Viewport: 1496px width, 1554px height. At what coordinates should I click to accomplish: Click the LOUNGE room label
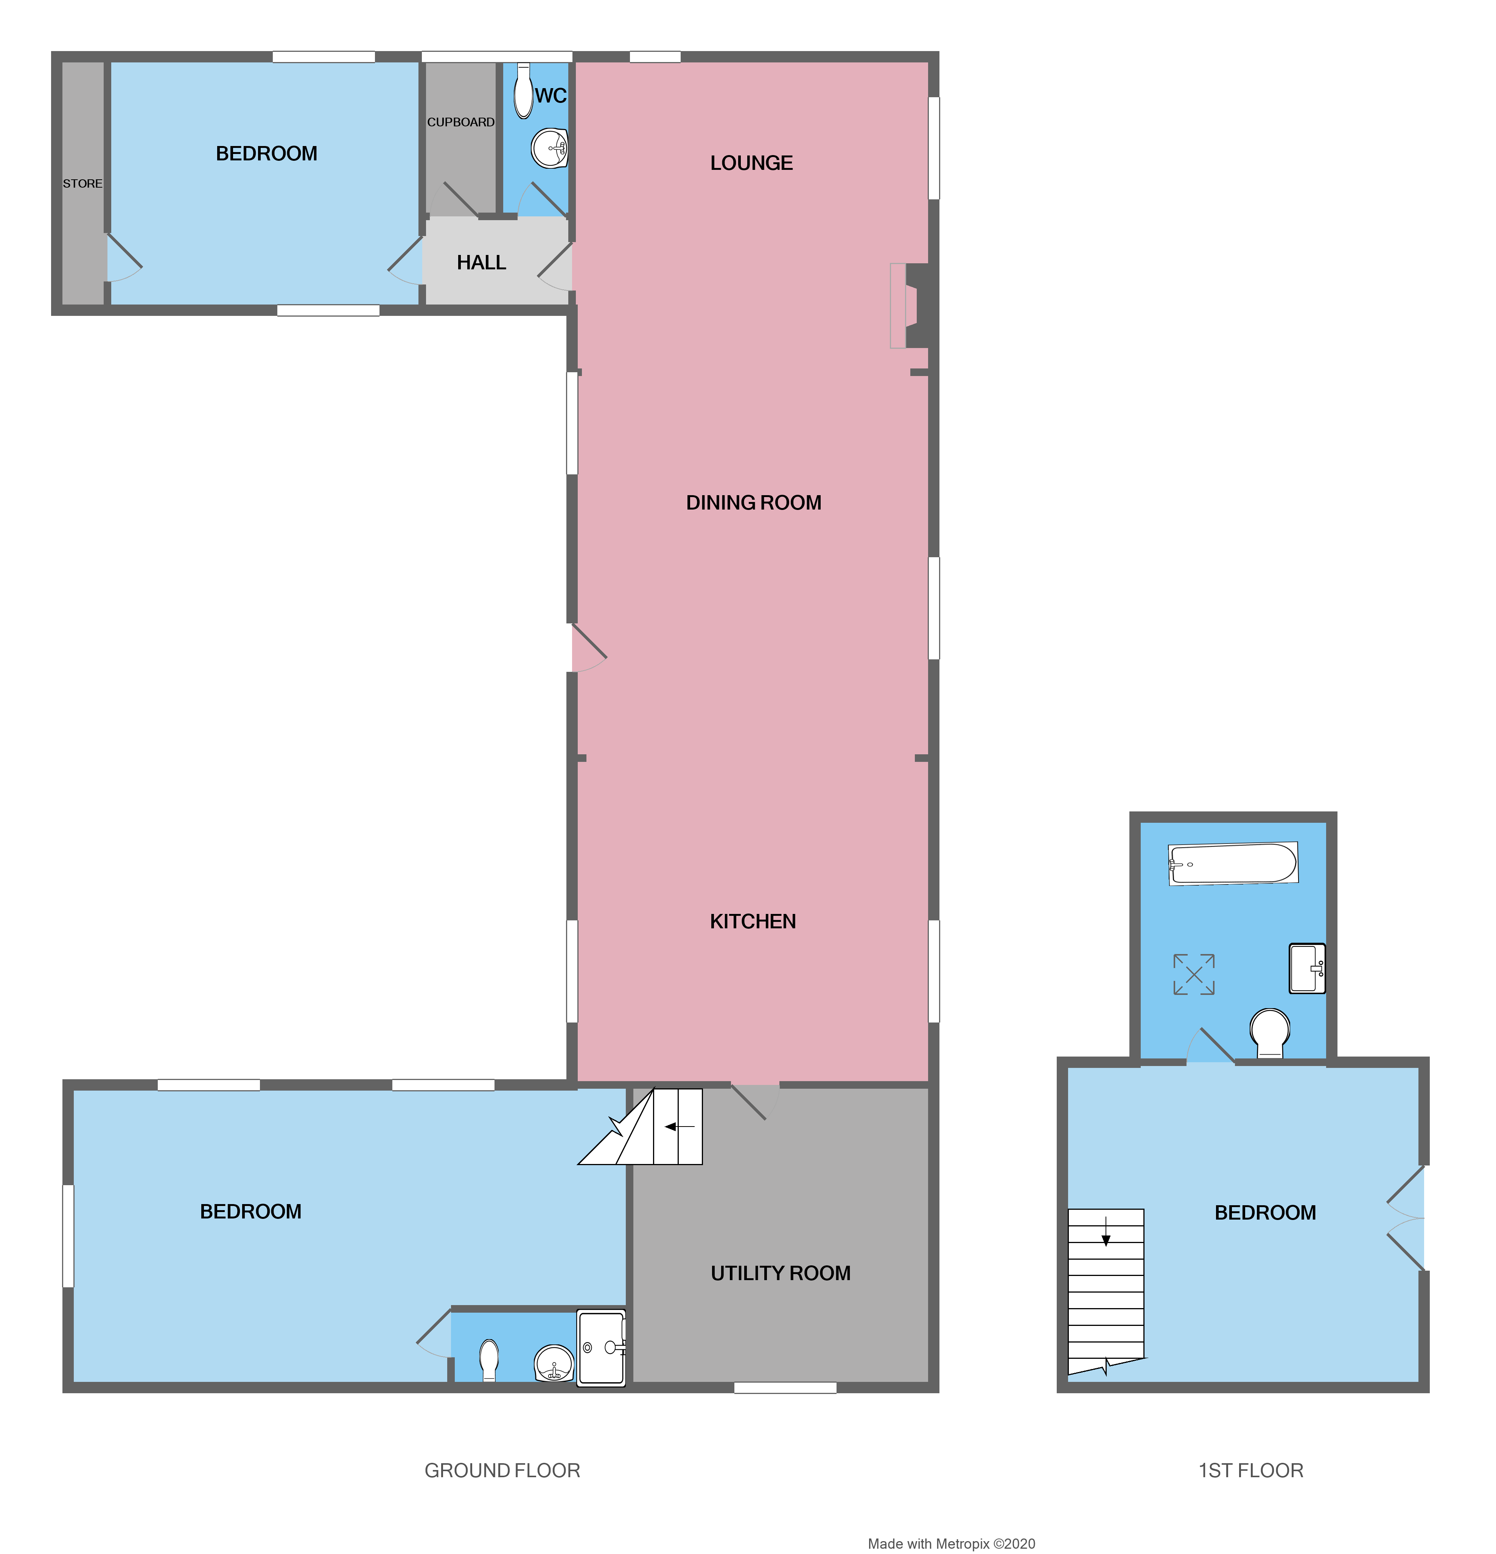pyautogui.click(x=751, y=163)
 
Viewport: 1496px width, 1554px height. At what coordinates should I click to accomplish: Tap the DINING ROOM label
pyautogui.click(x=753, y=503)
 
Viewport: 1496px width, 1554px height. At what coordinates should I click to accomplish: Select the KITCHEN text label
pyautogui.click(x=753, y=921)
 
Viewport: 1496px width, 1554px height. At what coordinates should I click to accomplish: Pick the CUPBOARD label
pyautogui.click(x=460, y=122)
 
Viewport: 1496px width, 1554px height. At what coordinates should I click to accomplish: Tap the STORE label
pyautogui.click(x=82, y=183)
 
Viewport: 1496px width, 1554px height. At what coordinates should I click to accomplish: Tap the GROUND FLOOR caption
pyautogui.click(x=502, y=1470)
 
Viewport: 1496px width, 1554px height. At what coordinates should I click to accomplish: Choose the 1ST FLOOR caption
pyautogui.click(x=1250, y=1470)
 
